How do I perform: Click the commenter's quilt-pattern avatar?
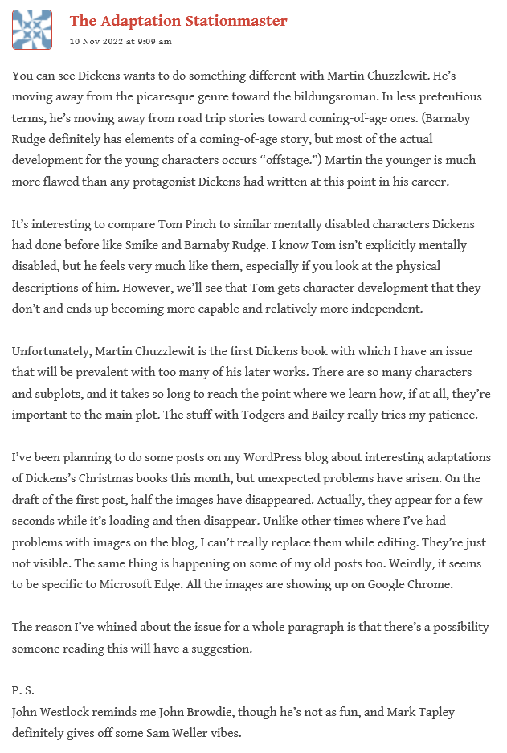pyautogui.click(x=33, y=30)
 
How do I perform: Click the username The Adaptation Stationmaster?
pyautogui.click(x=178, y=21)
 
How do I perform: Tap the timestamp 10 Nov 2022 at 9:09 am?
pyautogui.click(x=121, y=41)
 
